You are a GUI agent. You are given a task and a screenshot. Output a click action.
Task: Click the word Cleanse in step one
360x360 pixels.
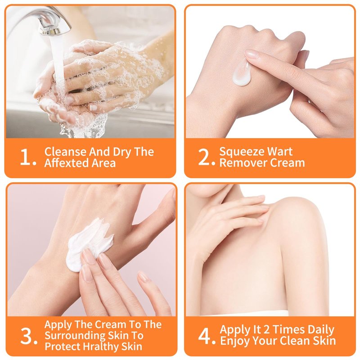tap(65, 152)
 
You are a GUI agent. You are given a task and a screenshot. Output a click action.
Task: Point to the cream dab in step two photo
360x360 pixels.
tap(241, 73)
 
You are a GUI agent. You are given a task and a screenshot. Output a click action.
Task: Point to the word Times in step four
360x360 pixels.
tap(288, 329)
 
